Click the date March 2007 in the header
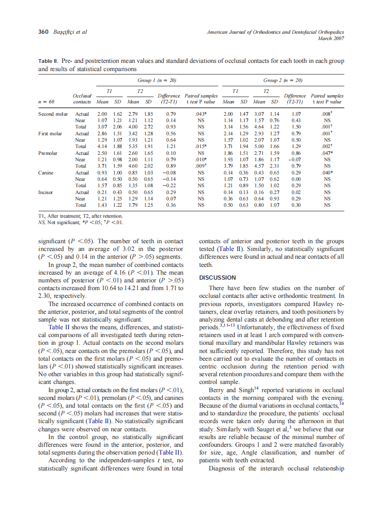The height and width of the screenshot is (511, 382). click(330, 38)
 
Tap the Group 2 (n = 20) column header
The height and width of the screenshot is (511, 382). click(283, 80)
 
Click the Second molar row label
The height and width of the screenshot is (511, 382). click(53, 113)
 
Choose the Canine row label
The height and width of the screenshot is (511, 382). click(46, 173)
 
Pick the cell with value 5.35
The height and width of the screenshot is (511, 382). click(133, 147)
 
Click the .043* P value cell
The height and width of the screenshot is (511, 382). click(201, 113)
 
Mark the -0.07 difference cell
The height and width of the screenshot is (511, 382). click(296, 160)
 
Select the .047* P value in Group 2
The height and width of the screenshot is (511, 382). click(327, 153)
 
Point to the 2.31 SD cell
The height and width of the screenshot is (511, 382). click(274, 166)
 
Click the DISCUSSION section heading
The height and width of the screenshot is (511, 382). click(217, 277)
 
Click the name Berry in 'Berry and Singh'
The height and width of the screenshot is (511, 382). click(216, 390)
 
